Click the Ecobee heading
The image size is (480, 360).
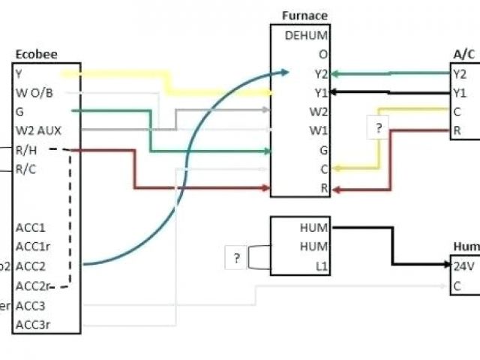click(x=36, y=55)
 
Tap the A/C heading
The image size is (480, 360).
click(x=463, y=54)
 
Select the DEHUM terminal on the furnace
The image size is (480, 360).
click(x=306, y=34)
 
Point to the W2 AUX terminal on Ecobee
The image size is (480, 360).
click(x=38, y=130)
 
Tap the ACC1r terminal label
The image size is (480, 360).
click(x=32, y=246)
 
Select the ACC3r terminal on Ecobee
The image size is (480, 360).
click(x=32, y=325)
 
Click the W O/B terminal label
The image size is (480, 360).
click(x=34, y=92)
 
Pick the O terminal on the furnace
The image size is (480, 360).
click(x=322, y=54)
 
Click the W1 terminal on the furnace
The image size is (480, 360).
click(x=319, y=130)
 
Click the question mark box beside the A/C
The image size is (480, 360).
click(x=379, y=128)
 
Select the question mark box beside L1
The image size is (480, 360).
click(x=236, y=259)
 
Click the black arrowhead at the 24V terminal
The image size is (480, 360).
click(x=445, y=265)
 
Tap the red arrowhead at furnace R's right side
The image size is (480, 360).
click(x=336, y=189)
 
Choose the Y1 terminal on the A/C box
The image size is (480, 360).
click(x=460, y=93)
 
